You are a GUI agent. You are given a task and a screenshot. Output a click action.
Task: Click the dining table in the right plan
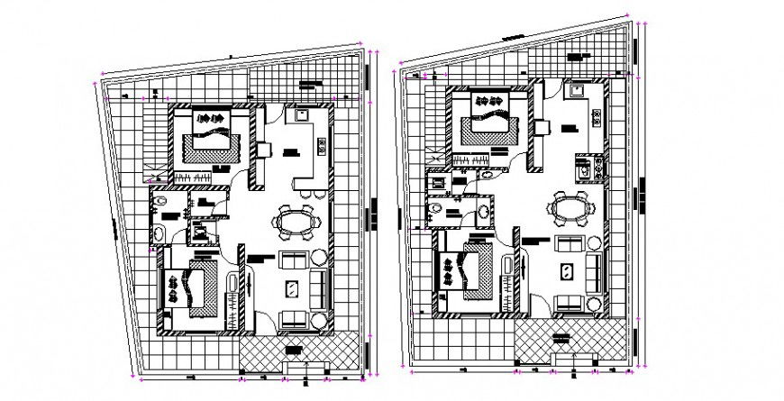572,209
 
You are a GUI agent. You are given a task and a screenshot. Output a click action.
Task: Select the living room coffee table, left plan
293,288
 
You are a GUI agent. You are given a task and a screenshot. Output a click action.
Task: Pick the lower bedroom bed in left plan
191,287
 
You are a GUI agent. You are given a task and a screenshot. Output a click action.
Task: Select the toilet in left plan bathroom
160,205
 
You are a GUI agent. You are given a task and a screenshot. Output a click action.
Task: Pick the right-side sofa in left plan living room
319,287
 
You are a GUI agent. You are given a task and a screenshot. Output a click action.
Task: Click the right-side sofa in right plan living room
595,271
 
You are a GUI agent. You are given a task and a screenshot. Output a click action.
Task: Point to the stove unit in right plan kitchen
585,168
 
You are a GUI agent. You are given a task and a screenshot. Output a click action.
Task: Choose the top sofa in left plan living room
295,261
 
